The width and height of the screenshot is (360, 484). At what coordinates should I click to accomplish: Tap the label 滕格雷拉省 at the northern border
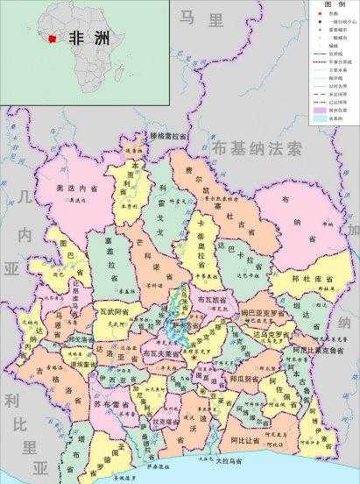(169, 137)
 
